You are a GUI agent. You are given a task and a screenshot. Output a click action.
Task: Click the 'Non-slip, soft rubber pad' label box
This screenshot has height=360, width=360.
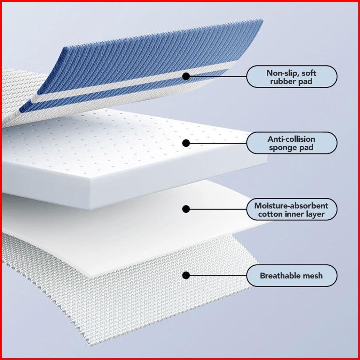[291, 77]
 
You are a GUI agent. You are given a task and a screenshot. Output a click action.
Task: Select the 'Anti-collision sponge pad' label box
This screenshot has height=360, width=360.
[291, 143]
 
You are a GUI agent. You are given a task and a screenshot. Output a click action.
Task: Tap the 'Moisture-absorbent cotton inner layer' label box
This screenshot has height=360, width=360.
[291, 209]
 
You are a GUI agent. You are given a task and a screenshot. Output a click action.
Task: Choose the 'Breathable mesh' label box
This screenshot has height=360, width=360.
[291, 276]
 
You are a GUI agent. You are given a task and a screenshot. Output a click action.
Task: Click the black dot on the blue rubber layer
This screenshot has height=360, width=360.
[186, 76]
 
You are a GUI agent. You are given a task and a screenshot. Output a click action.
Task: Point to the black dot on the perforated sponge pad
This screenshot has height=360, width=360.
[186, 143]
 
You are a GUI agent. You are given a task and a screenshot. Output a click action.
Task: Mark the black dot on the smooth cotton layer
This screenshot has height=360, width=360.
[186, 209]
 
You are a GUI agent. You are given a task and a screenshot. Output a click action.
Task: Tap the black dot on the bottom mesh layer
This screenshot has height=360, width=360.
[186, 275]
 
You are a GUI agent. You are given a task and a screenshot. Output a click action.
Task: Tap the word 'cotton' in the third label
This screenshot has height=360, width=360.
[269, 214]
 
